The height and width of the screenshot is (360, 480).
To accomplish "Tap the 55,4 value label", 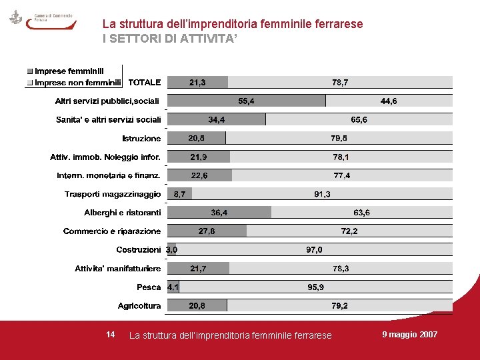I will tap(246, 101).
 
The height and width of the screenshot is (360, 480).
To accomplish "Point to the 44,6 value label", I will tap(389, 101).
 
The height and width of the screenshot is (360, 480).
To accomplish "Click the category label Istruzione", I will tap(141, 139).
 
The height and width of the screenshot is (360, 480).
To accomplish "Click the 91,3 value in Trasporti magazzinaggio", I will tap(322, 194).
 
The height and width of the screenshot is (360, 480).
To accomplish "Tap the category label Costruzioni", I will tap(138, 250).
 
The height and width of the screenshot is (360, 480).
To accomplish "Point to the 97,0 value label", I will tap(314, 250).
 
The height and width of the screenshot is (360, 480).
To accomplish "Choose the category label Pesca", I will tap(149, 287).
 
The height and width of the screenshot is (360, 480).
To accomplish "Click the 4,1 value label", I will tap(173, 287).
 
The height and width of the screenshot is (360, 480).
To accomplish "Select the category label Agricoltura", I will tap(139, 306).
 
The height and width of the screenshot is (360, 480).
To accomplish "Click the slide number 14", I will tap(111, 334).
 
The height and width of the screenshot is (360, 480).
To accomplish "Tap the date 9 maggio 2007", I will tap(409, 334).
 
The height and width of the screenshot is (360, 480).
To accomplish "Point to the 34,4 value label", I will tap(217, 120).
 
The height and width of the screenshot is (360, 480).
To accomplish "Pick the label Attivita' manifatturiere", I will tap(117, 269).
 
